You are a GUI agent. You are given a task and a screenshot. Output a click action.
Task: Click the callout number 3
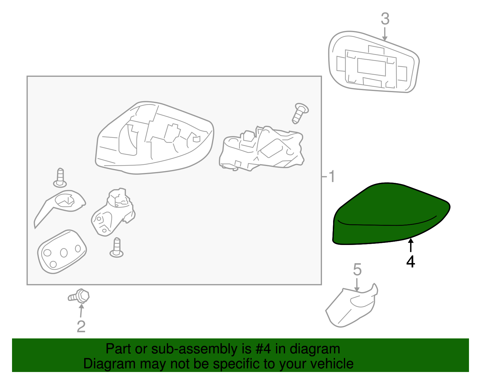(385, 19)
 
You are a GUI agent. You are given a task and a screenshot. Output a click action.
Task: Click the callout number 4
(411, 262)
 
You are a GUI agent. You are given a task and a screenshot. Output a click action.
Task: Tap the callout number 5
(357, 270)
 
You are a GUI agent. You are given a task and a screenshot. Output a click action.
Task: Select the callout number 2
(81, 327)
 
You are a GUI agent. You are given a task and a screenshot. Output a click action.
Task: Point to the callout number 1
(331, 176)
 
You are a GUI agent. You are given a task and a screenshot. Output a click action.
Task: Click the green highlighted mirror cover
(391, 214)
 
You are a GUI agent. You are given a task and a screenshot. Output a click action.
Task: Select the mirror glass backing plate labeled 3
(374, 62)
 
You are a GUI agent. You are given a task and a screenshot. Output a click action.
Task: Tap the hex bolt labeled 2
(79, 296)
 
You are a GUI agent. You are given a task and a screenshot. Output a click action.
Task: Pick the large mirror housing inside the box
(155, 138)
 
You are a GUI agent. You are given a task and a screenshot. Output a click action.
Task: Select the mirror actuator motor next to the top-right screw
(262, 149)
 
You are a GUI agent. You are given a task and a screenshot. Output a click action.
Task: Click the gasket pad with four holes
(62, 252)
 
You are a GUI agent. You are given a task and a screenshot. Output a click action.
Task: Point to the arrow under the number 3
(385, 34)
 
